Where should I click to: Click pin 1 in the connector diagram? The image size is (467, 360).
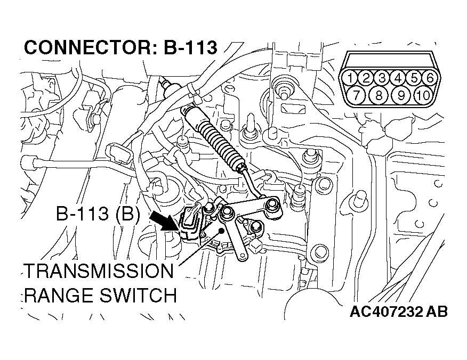(x=350, y=78)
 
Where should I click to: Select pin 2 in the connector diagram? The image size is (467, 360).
(x=366, y=78)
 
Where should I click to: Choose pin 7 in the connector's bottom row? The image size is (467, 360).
(x=358, y=96)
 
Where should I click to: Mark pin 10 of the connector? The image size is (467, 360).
(x=422, y=96)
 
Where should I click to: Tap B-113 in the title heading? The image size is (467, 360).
(x=190, y=48)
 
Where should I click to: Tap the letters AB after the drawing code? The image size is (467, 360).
(x=436, y=311)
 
